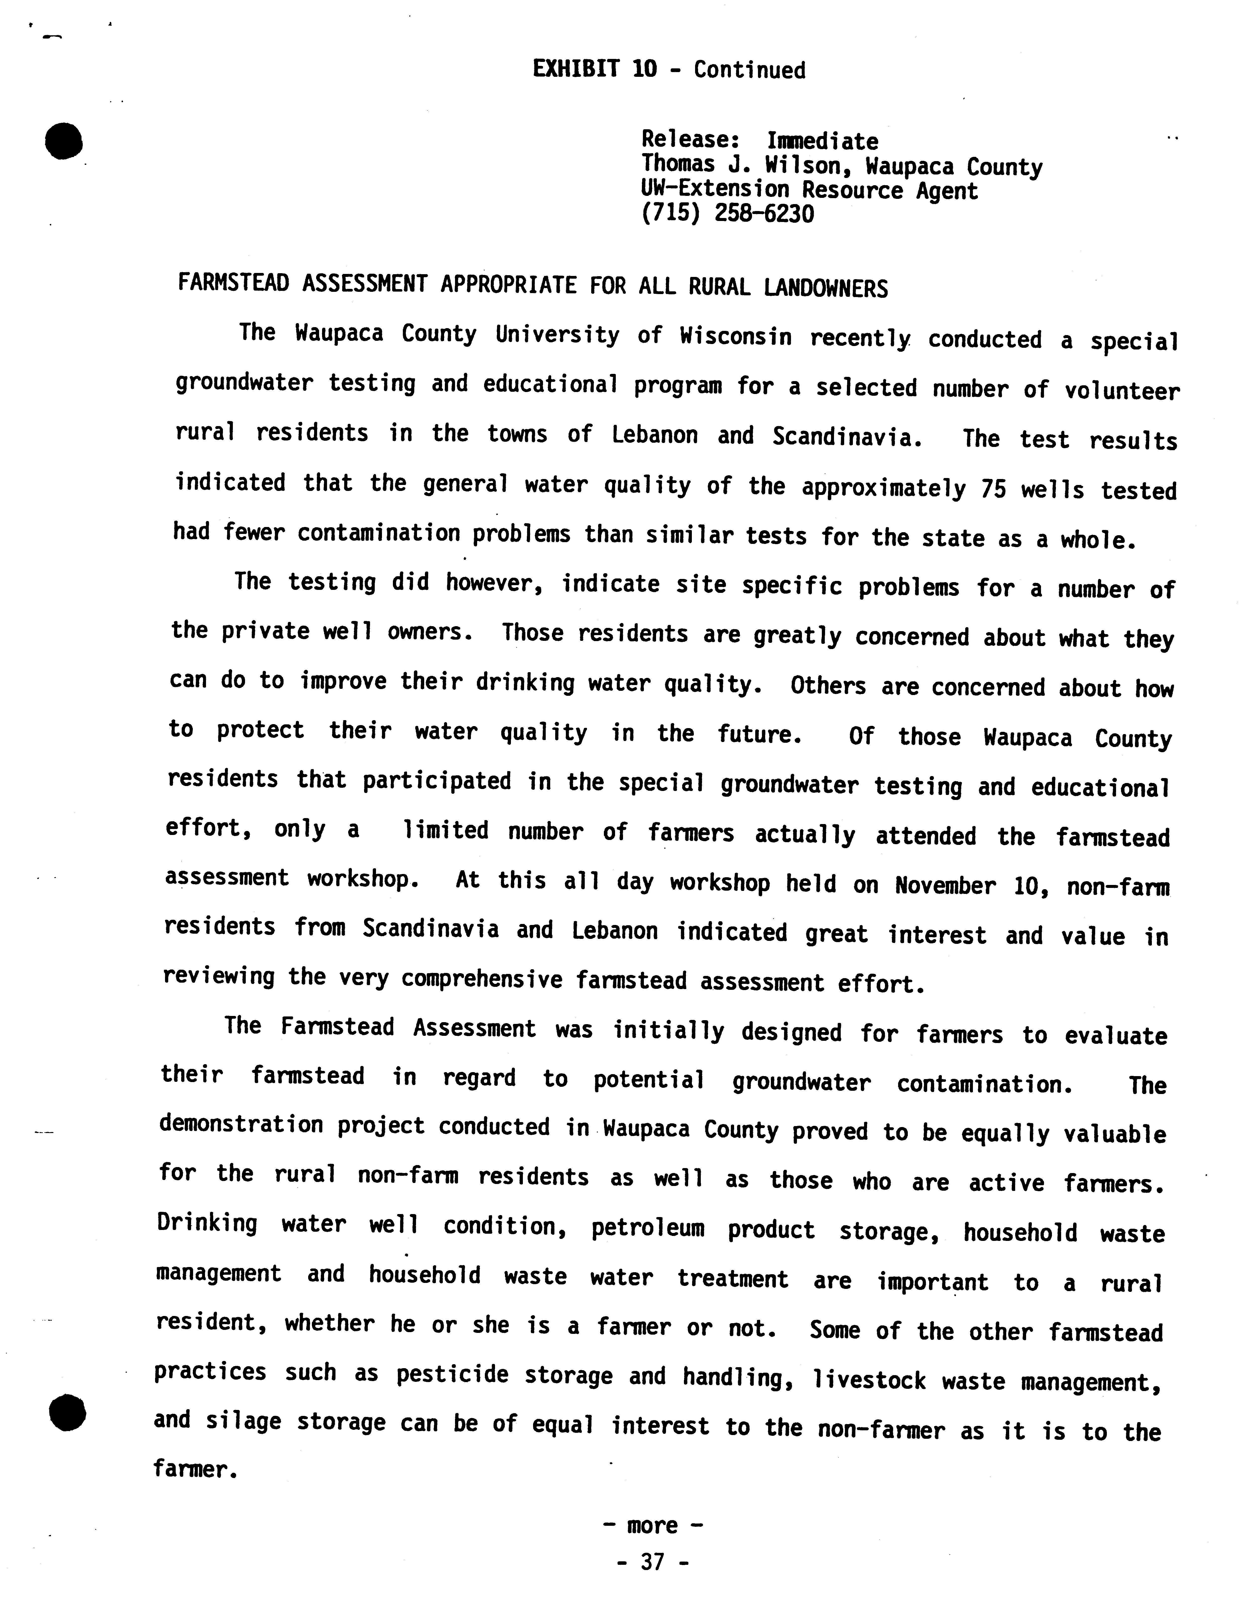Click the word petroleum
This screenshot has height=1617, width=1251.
[647, 1229]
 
